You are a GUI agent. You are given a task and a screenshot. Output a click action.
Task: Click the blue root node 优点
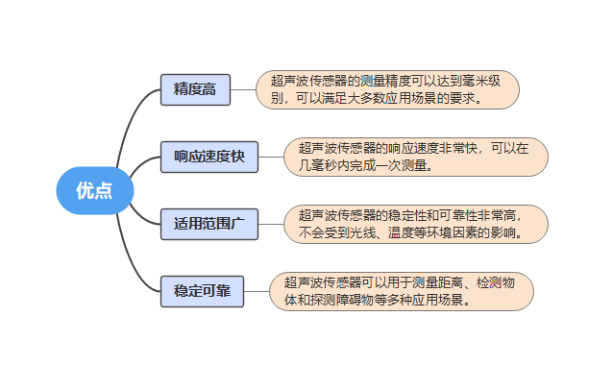click(93, 190)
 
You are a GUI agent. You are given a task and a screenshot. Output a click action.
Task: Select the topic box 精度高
click(194, 89)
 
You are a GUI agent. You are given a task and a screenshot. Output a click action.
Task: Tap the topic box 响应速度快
click(209, 156)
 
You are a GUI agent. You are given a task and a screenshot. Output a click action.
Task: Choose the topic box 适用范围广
click(209, 224)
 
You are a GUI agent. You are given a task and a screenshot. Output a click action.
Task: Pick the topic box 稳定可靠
click(202, 290)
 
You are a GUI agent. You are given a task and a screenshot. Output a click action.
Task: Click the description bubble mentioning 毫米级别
click(387, 89)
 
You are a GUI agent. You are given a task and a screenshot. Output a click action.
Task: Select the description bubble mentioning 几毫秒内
click(415, 157)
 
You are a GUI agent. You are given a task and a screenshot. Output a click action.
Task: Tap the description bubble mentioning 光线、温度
click(415, 224)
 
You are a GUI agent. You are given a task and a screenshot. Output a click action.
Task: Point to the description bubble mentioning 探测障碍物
click(402, 291)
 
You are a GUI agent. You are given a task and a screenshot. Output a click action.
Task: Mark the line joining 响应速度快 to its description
click(271, 157)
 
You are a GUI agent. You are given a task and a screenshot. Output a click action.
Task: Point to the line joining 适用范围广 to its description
click(271, 224)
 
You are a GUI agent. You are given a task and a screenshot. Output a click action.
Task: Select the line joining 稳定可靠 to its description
click(257, 291)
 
